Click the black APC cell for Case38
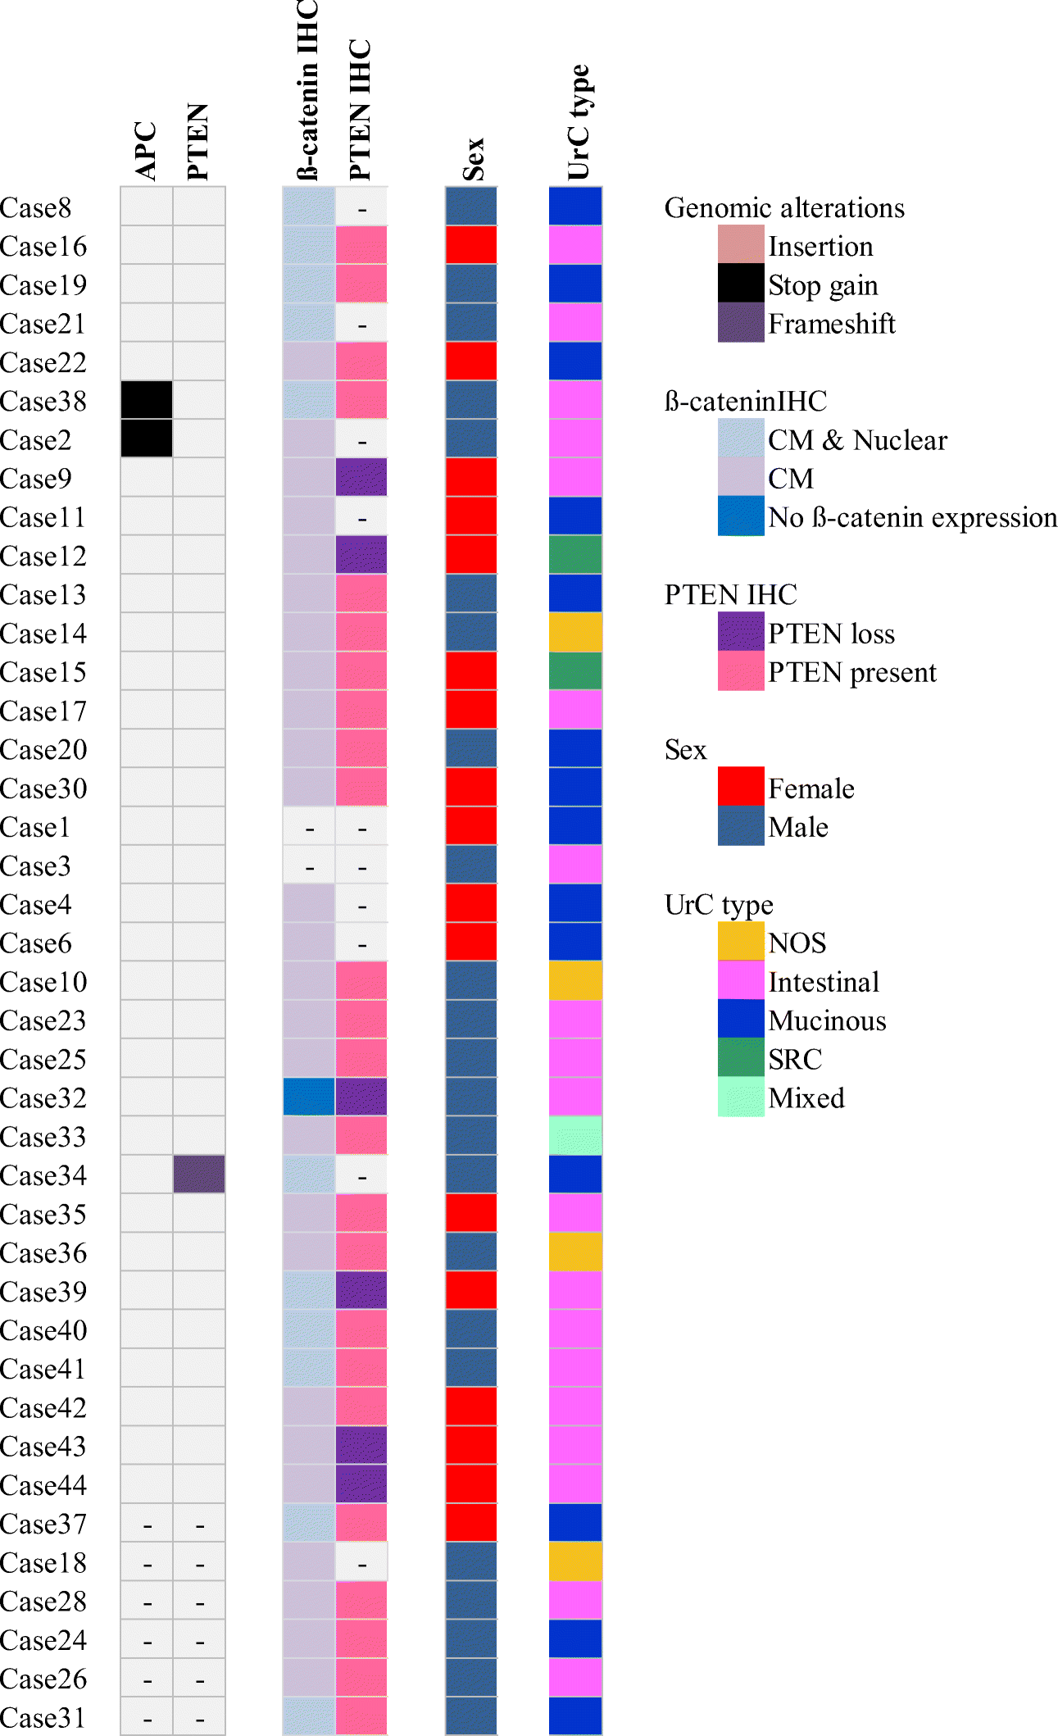tap(147, 400)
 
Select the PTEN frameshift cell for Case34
tap(199, 1174)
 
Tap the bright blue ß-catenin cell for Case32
tap(309, 1097)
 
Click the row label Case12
tap(43, 557)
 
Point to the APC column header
tap(146, 151)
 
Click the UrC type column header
tap(579, 123)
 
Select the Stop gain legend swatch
tap(741, 284)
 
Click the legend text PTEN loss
tap(831, 634)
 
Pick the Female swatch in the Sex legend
tap(741, 787)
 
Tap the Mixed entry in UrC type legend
tap(806, 1098)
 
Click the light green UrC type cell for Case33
tap(575, 1136)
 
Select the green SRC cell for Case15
tap(575, 671)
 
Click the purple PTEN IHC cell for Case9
tap(361, 478)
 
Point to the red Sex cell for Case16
tap(471, 245)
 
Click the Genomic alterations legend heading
tap(784, 208)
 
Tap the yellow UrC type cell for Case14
tap(575, 633)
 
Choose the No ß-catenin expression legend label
tap(912, 518)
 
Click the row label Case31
tap(43, 1717)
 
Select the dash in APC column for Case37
tap(148, 1525)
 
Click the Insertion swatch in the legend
tap(741, 244)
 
